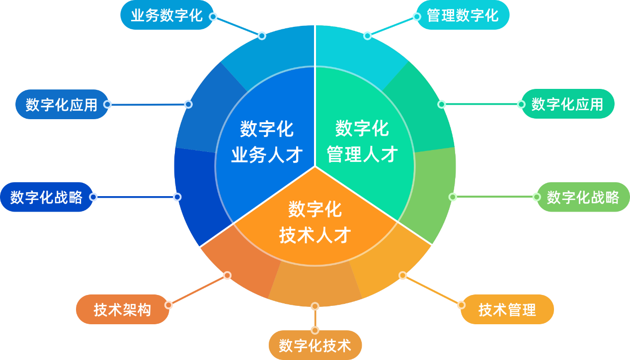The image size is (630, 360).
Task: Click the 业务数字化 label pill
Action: point(166,15)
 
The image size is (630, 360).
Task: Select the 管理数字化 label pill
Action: point(463,15)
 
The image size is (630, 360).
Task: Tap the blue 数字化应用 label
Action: point(62,104)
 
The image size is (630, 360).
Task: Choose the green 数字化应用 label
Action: point(567,104)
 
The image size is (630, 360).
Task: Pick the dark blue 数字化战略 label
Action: point(46,197)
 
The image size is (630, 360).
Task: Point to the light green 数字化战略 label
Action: point(583,197)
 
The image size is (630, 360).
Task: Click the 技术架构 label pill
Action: point(122,310)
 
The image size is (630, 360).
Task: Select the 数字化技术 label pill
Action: point(315,345)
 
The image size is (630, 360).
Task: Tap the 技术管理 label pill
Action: point(507,310)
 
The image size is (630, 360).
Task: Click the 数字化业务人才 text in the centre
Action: point(267,142)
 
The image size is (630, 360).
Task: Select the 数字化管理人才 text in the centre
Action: point(362,142)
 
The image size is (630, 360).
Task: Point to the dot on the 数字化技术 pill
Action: point(315,330)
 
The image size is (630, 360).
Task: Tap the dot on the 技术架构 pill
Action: point(168,304)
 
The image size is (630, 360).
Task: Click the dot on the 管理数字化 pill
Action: point(416,17)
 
